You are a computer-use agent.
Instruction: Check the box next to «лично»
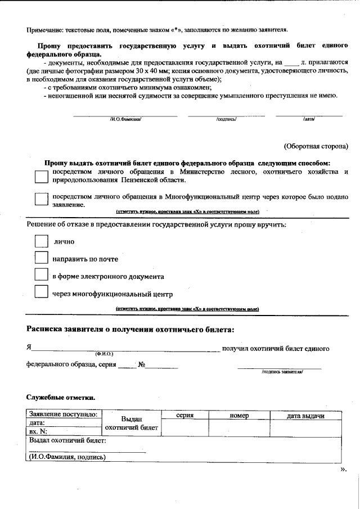[41, 241]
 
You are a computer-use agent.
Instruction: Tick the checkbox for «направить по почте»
[41, 258]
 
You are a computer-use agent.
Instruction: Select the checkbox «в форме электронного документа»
[41, 275]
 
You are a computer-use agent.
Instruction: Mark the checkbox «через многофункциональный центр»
[41, 292]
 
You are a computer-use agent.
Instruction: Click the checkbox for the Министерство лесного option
[41, 176]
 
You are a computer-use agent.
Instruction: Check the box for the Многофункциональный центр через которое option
[41, 200]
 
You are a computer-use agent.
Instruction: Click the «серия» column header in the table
[184, 415]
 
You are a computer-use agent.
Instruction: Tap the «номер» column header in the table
[239, 415]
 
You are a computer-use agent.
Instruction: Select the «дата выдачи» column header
[305, 415]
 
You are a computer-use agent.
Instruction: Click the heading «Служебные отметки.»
[61, 398]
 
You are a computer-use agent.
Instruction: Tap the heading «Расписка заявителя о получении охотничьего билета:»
[130, 329]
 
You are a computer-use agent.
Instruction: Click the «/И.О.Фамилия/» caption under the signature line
[125, 119]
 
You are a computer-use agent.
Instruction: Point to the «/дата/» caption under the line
[309, 119]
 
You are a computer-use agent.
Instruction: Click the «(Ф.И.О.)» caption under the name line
[104, 354]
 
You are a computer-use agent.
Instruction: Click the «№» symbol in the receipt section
[142, 364]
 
